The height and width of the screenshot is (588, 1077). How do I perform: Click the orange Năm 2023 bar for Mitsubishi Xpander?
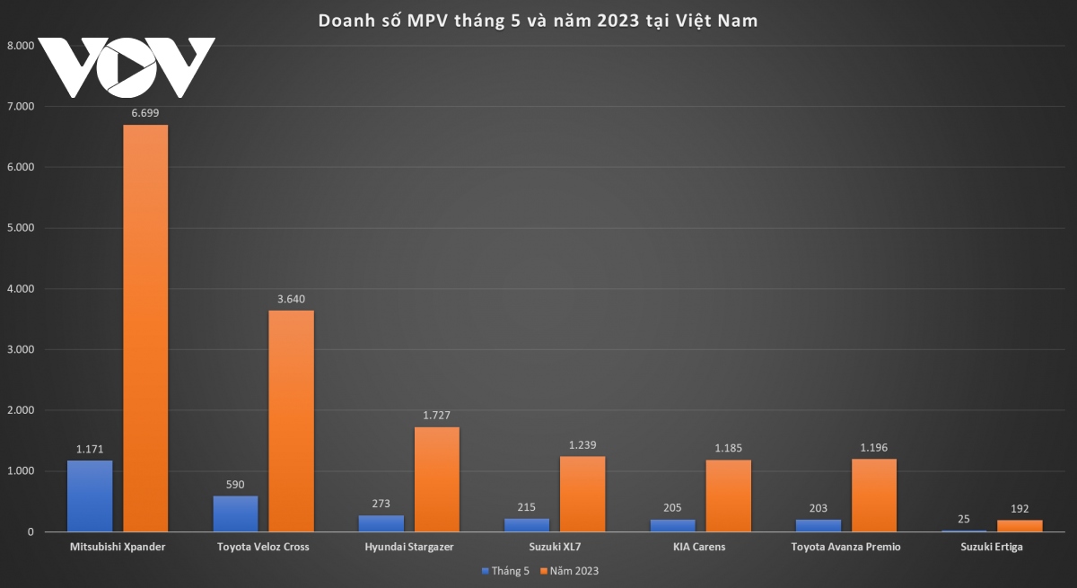click(x=145, y=328)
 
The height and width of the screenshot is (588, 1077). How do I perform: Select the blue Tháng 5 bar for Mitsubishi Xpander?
click(x=90, y=496)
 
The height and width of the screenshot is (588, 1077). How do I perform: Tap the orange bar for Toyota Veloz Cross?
click(x=291, y=421)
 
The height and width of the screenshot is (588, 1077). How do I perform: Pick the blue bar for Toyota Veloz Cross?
click(x=236, y=513)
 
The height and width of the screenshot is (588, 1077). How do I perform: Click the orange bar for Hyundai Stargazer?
click(x=437, y=479)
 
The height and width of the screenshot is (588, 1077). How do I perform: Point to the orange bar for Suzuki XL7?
click(x=582, y=494)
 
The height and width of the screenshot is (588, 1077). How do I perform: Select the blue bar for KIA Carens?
click(x=673, y=525)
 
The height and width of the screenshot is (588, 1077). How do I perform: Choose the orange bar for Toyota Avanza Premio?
click(x=874, y=496)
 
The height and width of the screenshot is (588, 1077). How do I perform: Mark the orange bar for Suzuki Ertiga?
click(x=1020, y=526)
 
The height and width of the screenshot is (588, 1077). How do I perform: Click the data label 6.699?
click(x=145, y=113)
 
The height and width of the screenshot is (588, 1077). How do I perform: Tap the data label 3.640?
click(x=291, y=299)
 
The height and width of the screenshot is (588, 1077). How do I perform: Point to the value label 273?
click(x=381, y=505)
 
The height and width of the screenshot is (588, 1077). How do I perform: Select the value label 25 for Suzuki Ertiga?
click(x=964, y=520)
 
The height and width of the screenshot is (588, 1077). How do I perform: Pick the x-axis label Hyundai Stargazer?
click(x=409, y=547)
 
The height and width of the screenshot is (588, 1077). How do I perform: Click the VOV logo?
click(x=127, y=67)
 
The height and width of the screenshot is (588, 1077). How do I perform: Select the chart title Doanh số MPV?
click(x=538, y=21)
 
